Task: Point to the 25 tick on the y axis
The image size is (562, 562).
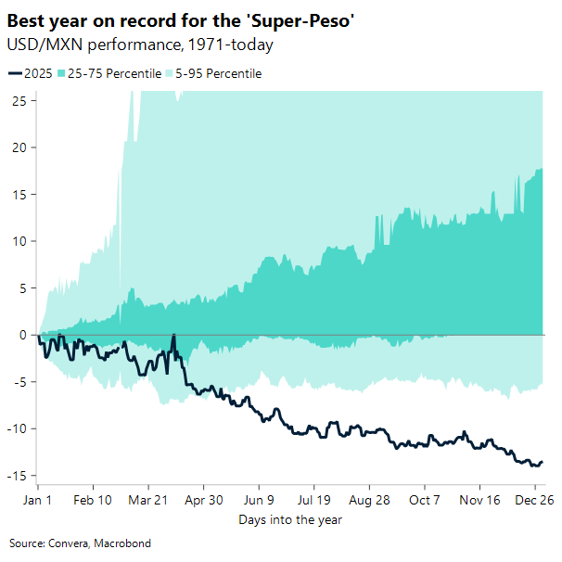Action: point(19,101)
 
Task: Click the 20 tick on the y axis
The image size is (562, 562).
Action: point(19,147)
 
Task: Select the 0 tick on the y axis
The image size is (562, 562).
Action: point(22,335)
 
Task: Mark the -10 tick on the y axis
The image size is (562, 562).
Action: point(16,428)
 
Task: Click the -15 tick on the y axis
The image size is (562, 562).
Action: point(16,476)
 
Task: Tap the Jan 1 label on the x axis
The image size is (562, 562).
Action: point(38,499)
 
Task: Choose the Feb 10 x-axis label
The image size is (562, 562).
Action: point(93,499)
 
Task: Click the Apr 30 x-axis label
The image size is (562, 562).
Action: point(203,499)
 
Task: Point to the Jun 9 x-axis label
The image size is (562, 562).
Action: point(259,499)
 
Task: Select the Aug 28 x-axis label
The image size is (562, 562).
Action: point(369,499)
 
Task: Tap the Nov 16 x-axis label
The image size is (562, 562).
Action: point(479,499)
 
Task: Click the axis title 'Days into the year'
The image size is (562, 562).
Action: point(290,519)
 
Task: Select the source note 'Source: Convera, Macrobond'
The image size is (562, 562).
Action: point(80,543)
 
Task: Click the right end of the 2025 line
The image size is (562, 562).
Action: point(543,461)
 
